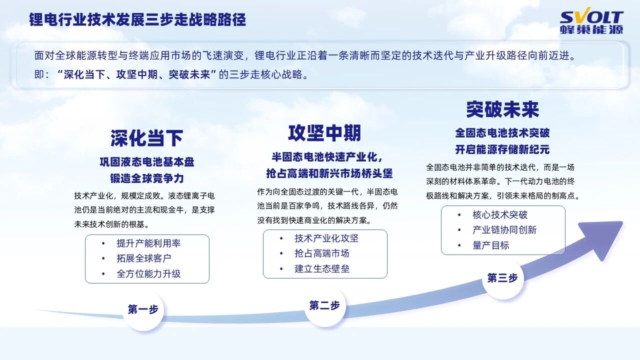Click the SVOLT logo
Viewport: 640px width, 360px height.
coord(591,22)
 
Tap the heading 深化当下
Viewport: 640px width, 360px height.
coord(146,138)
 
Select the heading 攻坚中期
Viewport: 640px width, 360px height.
coord(324,133)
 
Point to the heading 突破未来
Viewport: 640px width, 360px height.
coord(502,109)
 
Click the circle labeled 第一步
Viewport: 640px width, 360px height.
coord(143,309)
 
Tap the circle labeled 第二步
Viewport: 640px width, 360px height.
coord(324,305)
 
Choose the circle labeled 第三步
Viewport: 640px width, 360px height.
coord(502,278)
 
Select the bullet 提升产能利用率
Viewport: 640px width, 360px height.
coord(148,243)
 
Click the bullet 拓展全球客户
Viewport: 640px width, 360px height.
coord(144,258)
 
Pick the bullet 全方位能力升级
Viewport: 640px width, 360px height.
coord(148,274)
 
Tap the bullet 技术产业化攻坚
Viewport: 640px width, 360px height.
coord(326,238)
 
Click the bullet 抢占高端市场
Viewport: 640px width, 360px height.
coord(322,253)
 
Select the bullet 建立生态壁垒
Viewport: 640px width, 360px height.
coord(322,269)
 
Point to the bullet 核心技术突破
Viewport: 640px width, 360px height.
coord(500,215)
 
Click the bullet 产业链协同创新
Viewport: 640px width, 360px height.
coord(504,230)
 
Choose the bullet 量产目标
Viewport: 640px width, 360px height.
coord(491,245)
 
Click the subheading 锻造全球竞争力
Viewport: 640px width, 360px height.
coord(147,178)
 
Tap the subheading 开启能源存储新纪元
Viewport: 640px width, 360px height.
coord(502,149)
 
